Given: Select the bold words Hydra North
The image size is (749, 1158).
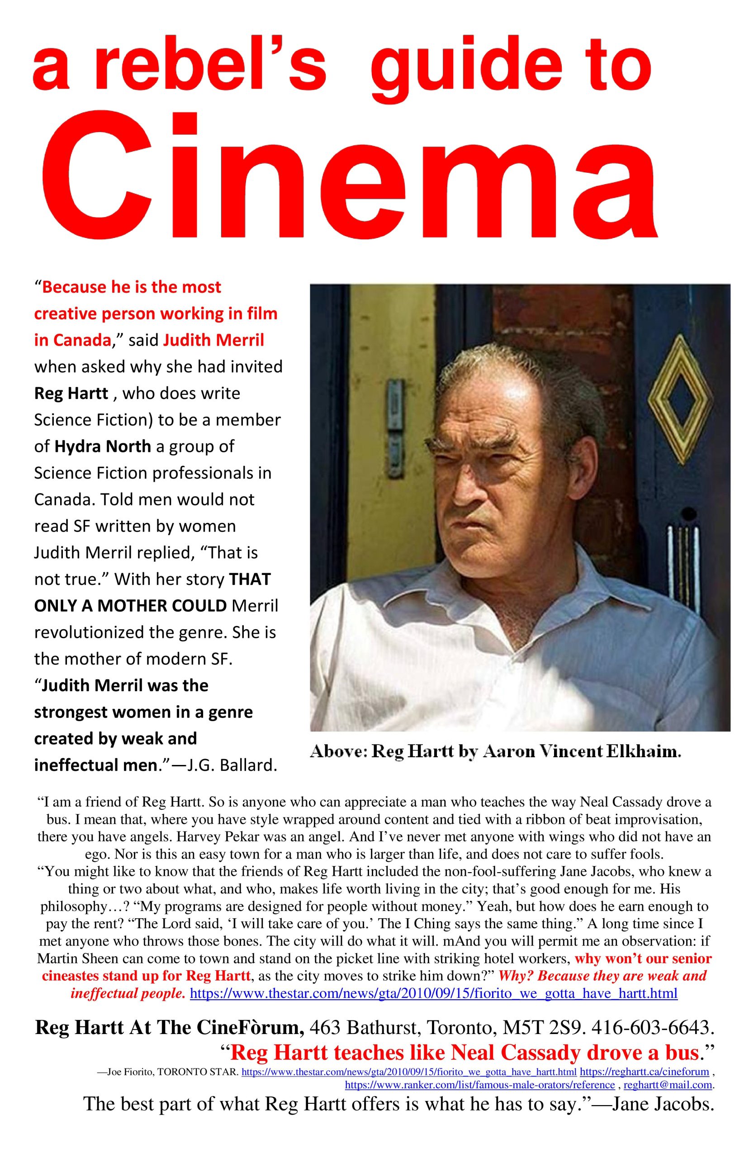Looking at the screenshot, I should pyautogui.click(x=103, y=446).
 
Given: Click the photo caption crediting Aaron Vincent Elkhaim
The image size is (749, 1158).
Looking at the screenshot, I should pyautogui.click(x=496, y=752).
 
